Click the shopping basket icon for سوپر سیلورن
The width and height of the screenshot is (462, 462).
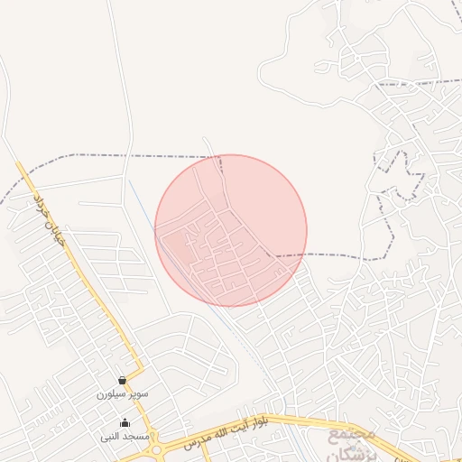click(122, 382)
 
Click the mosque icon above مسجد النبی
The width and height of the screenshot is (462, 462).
click(125, 422)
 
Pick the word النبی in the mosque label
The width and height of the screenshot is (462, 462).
click(112, 436)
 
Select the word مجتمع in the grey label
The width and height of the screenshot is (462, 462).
click(345, 434)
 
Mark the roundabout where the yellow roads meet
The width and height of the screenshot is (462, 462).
click(157, 448)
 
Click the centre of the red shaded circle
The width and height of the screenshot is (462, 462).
click(231, 230)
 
